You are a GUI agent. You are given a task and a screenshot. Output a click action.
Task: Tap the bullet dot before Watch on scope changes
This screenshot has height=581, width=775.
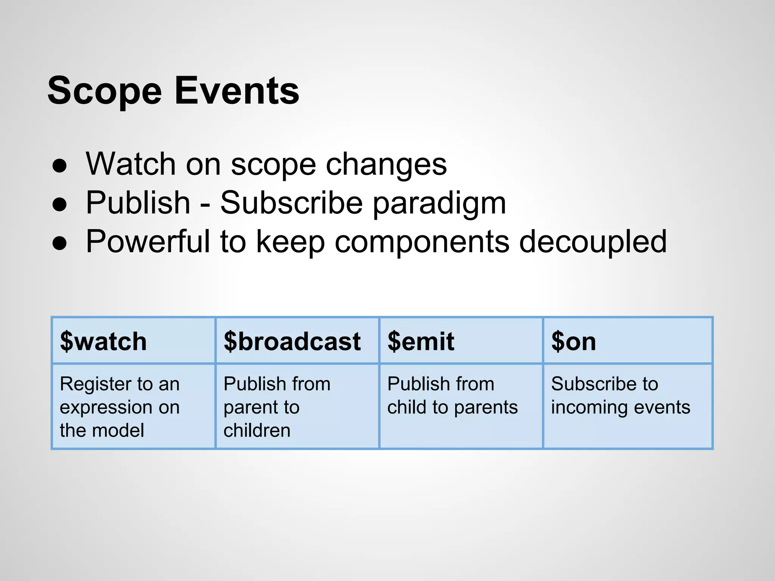pos(60,166)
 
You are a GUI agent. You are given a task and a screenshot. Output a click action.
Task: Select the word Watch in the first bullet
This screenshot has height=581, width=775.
pos(131,164)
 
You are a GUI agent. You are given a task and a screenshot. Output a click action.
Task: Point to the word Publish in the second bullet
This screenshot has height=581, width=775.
pos(138,203)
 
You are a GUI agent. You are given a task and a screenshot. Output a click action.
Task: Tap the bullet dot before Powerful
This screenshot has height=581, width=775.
pos(60,243)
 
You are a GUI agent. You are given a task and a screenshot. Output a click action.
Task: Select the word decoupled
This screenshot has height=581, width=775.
pos(593,242)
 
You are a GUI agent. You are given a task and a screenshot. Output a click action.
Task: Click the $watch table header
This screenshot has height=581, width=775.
pos(103,341)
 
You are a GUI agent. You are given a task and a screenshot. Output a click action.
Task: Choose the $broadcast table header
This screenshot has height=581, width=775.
pos(292,341)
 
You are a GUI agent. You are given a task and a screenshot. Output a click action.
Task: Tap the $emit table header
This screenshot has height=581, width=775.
pos(420,341)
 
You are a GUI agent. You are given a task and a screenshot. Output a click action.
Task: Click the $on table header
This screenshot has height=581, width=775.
pos(573,341)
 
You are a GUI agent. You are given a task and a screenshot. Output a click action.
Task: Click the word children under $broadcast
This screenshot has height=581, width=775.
pos(257,430)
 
